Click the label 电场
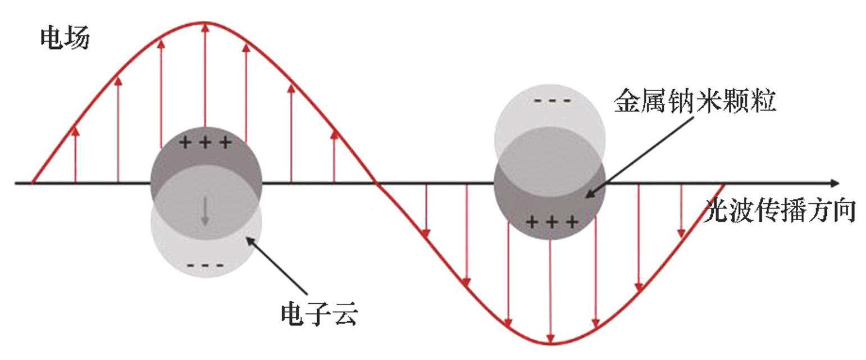[65, 38]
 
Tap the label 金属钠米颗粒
[695, 102]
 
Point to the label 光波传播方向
[780, 211]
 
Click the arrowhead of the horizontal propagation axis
[835, 183]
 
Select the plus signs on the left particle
[205, 142]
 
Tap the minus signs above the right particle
[552, 101]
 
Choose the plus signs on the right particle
[552, 222]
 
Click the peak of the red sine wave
[205, 23]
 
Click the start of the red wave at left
[33, 183]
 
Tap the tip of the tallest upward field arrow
[205, 25]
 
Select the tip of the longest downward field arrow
[550, 341]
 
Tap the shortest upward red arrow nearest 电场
[75, 130]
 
